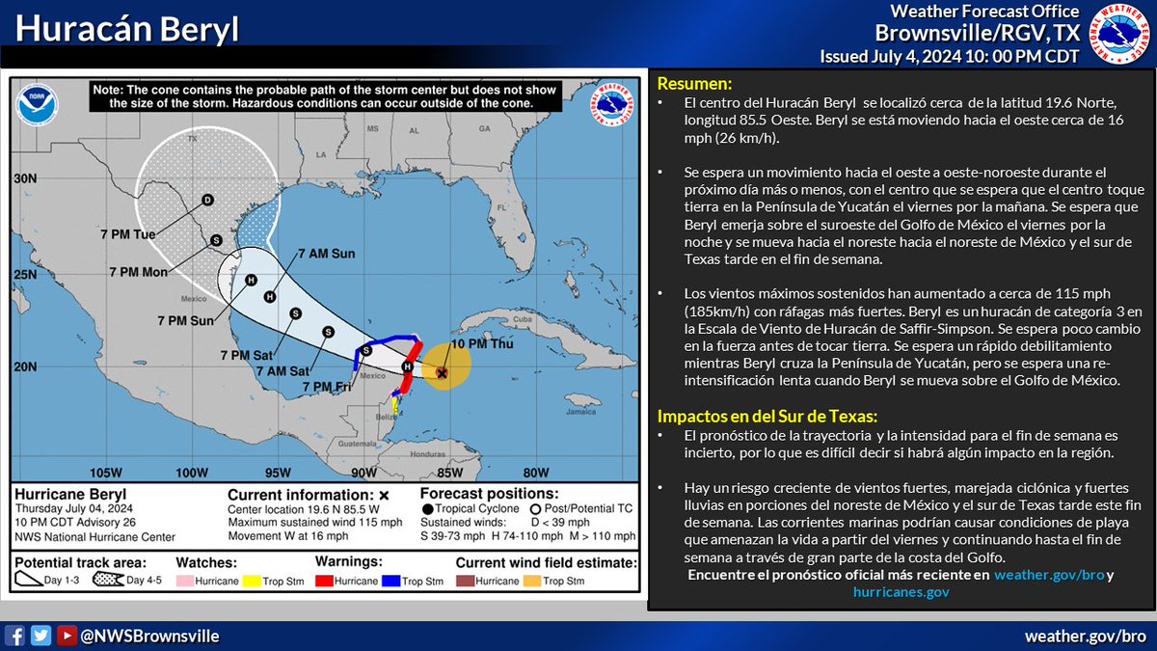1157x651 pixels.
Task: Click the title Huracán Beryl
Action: coord(128,30)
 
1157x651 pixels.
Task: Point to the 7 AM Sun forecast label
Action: coord(326,254)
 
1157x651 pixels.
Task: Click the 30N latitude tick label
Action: coord(24,179)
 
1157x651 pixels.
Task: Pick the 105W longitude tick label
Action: coord(105,472)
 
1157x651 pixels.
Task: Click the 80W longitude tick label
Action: coord(535,472)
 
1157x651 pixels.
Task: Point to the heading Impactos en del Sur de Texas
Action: coord(766,417)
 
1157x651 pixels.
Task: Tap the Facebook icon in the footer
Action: coord(15,636)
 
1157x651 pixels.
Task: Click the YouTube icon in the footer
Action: coord(66,636)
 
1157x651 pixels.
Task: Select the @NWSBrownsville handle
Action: coord(148,636)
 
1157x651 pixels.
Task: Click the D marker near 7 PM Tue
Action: coord(206,201)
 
